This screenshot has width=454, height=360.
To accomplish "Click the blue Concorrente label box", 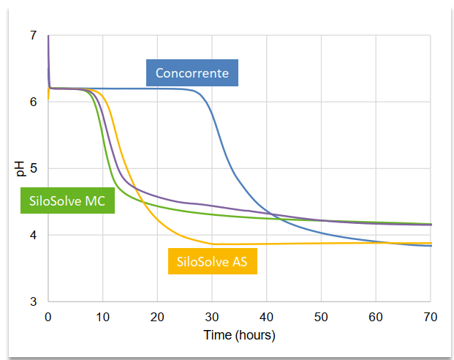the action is tap(192, 72).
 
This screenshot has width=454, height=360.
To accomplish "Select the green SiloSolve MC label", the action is tap(67, 200).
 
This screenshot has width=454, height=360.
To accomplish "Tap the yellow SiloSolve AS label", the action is tap(213, 261).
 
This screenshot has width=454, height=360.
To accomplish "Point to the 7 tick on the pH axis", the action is tap(34, 35).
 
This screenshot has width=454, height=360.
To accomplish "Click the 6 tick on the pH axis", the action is tap(34, 102).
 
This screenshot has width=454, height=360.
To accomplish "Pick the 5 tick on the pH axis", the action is tap(34, 168).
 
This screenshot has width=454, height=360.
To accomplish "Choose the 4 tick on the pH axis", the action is tap(34, 235).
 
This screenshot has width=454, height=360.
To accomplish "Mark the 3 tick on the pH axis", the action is tap(34, 301).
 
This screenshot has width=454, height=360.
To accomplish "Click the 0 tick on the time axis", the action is tap(48, 317).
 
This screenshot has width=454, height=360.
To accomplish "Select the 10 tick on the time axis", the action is tap(103, 317).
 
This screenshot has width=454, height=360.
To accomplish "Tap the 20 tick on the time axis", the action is tap(157, 317).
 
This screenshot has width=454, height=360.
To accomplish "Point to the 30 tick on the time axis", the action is tap(212, 317).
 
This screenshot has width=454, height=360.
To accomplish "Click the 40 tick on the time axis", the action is tap(266, 317).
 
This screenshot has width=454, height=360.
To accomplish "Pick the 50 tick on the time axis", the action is tap(321, 317).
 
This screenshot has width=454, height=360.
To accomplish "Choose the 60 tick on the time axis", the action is tap(376, 317).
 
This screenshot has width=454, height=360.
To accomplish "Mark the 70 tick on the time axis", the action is tap(431, 317).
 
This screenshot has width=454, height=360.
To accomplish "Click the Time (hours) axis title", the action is tap(239, 335).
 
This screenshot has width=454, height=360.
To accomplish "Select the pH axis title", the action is tap(20, 169).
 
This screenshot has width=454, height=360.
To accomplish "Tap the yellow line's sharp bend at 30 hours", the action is tap(213, 244).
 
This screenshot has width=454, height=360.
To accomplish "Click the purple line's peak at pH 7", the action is tap(48, 35).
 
